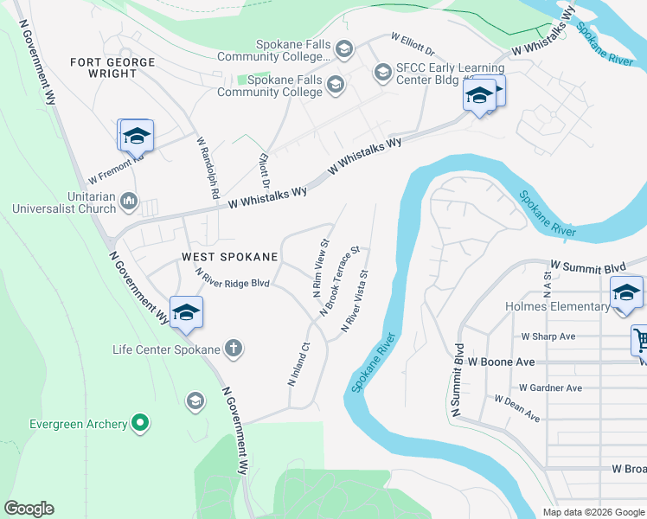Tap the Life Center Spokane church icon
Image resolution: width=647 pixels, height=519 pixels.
point(233,349)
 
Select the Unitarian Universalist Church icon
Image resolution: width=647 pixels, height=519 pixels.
point(129,202)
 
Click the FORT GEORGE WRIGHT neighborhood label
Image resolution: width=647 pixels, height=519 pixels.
point(113,68)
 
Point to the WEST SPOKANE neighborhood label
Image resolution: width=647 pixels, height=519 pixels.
point(229,257)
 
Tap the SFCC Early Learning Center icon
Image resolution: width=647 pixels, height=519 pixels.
point(381,72)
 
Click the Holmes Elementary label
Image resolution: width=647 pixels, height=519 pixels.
point(557,306)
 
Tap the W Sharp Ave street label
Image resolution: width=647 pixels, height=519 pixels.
point(548,336)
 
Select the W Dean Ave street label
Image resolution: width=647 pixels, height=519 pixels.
point(516,408)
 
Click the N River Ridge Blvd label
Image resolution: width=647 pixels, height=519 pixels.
point(233,278)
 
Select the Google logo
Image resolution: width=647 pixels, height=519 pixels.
point(29,509)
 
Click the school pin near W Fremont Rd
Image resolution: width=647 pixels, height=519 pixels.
point(136,137)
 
